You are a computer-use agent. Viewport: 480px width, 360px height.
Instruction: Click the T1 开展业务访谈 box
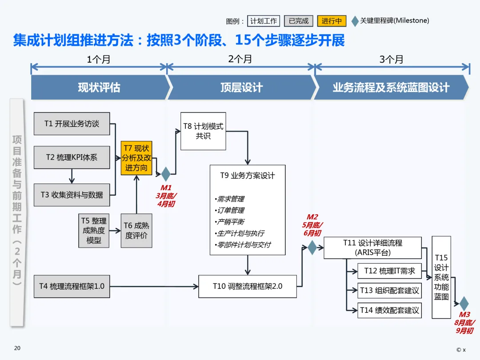(72, 124)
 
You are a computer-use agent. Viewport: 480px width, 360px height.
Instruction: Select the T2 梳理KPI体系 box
(72, 157)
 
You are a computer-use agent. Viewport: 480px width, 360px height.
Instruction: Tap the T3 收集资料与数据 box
(72, 195)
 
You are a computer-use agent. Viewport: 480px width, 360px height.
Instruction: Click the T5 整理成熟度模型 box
(94, 231)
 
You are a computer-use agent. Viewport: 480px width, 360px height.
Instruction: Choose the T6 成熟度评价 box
(136, 231)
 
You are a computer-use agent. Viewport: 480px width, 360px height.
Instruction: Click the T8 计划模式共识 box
(203, 131)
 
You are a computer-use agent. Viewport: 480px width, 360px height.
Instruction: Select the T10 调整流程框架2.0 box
(248, 286)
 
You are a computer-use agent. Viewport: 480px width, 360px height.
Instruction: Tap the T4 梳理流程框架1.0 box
(72, 286)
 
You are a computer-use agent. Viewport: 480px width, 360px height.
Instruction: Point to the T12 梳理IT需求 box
(389, 271)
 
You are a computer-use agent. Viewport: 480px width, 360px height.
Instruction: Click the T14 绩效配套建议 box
(389, 310)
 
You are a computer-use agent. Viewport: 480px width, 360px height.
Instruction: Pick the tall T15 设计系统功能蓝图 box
(441, 277)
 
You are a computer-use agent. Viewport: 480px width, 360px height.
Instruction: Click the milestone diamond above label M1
(166, 174)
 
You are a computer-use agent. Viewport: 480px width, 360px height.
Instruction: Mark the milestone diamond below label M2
(312, 248)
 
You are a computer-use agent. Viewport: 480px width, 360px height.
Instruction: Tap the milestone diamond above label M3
(464, 304)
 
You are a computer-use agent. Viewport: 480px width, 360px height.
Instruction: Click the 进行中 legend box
(332, 21)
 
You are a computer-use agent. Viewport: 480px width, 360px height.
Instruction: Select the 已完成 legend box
(299, 21)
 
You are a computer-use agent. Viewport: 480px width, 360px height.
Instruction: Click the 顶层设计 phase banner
(241, 88)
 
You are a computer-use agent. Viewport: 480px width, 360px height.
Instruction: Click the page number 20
(17, 348)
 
